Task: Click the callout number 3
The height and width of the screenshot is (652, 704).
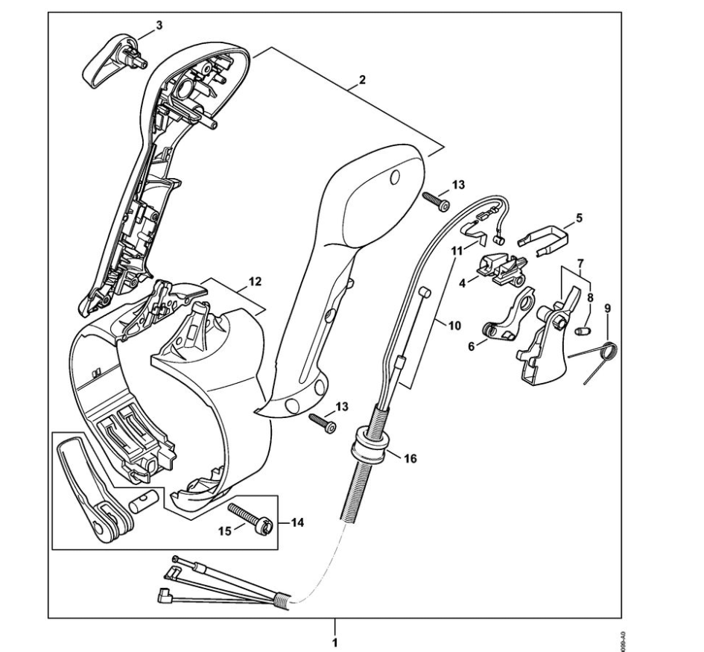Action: [x=159, y=25]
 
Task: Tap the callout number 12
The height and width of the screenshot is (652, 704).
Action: [x=255, y=282]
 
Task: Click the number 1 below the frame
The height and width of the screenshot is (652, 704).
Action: [x=334, y=641]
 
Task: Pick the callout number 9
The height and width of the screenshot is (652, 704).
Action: [x=607, y=307]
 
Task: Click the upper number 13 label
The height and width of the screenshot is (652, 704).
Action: [x=457, y=183]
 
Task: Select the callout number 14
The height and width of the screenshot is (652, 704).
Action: [x=296, y=523]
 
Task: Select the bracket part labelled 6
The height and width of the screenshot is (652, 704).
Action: [x=511, y=318]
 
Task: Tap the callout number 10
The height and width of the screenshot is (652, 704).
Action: [x=454, y=324]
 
